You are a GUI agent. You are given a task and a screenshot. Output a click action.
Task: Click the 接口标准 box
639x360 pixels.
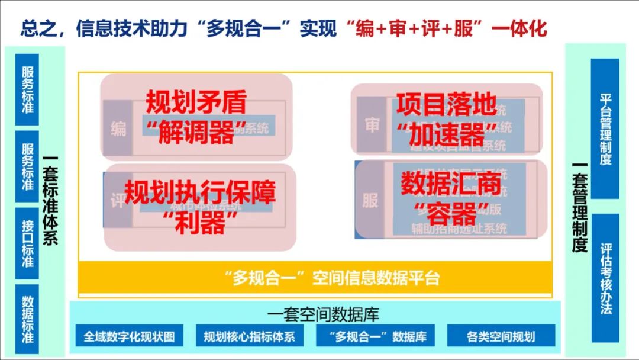27,243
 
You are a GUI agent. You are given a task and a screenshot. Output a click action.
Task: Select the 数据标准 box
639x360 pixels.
27,319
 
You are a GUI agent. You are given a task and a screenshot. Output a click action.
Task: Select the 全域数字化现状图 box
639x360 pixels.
129,336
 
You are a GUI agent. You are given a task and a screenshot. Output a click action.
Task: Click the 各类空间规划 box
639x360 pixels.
501,336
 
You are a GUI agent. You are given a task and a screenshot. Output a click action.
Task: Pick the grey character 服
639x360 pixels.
370,200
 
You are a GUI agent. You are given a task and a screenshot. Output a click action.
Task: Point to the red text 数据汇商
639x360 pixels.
451,185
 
